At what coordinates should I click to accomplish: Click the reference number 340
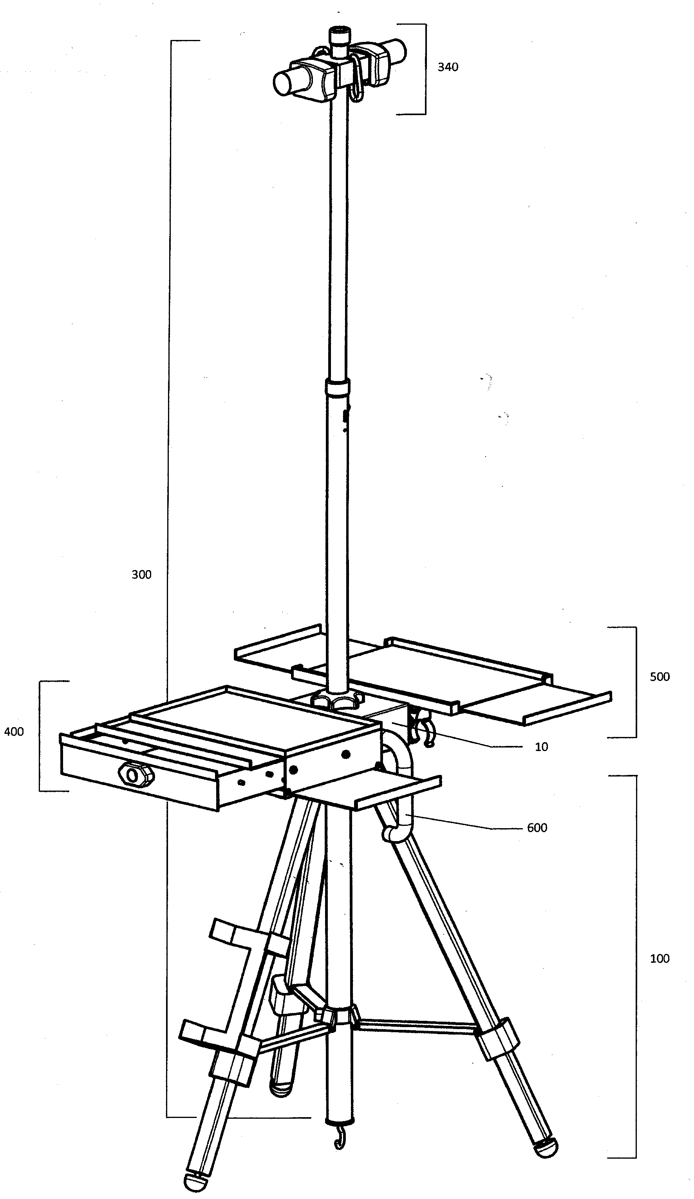[447, 67]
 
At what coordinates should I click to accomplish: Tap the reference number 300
[141, 574]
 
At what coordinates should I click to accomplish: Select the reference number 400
[14, 731]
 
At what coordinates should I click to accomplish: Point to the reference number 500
[659, 677]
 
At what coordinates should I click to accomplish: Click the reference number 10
[541, 746]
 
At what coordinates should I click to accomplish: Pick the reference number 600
[537, 827]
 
